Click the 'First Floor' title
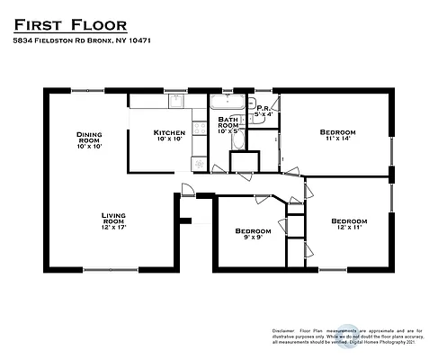pyautogui.click(x=70, y=22)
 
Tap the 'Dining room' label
pyautogui.click(x=88, y=137)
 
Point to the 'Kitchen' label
pyautogui.click(x=169, y=131)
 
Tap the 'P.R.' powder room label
pyautogui.click(x=263, y=108)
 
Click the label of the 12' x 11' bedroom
pyautogui.click(x=348, y=220)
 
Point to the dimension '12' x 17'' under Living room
pyautogui.click(x=113, y=229)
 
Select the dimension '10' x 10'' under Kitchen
pyautogui.click(x=169, y=139)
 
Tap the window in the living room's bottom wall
pyautogui.click(x=112, y=269)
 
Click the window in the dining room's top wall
pyautogui.click(x=87, y=90)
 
